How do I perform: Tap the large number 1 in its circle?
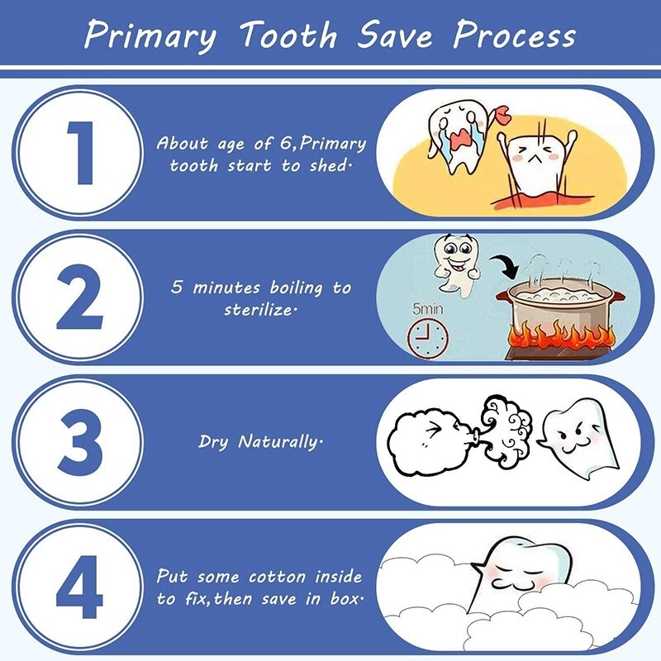coord(81,154)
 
